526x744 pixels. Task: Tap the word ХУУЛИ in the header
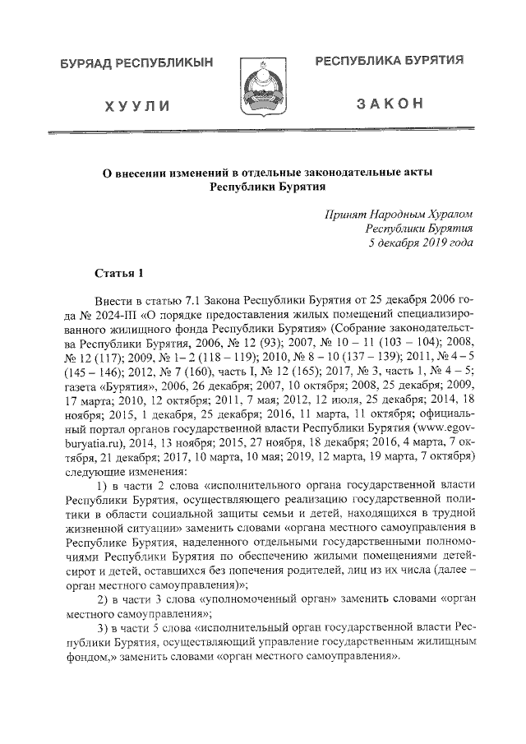point(137,106)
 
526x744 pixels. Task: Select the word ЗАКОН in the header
point(390,104)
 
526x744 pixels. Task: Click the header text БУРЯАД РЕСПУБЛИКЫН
point(136,62)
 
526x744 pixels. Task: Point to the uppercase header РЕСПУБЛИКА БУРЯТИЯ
point(390,61)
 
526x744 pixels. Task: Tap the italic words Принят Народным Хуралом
point(399,212)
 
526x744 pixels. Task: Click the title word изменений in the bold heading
point(191,173)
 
